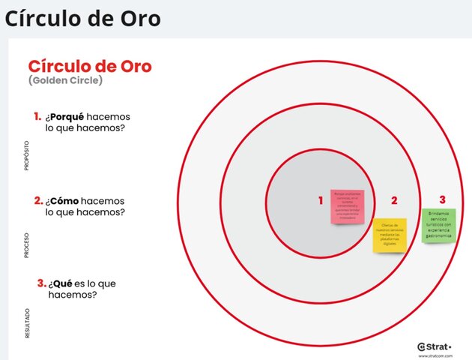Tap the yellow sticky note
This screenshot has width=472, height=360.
[x=390, y=235]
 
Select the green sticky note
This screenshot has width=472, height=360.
[x=438, y=225]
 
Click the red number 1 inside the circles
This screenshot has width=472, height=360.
[x=321, y=200]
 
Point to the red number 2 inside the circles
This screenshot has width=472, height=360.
[x=394, y=200]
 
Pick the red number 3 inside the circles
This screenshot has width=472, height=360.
[x=442, y=199]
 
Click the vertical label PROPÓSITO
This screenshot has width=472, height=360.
[x=27, y=154]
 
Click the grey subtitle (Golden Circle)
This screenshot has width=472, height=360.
[x=65, y=80]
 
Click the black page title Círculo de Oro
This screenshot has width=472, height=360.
[x=82, y=18]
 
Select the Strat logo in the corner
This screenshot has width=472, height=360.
[x=435, y=346]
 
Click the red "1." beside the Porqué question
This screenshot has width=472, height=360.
[x=37, y=116]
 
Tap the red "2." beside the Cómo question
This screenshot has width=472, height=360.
[x=37, y=201]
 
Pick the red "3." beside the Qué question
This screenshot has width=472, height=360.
[x=41, y=283]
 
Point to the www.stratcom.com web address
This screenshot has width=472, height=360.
[x=435, y=355]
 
